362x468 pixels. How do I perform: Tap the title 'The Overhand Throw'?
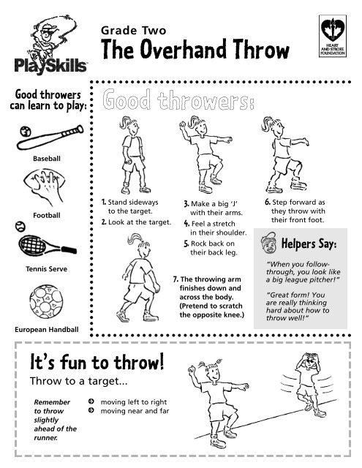[x=195, y=50]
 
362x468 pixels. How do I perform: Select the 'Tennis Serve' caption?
[x=46, y=269]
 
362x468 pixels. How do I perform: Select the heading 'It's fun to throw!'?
[x=96, y=363]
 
